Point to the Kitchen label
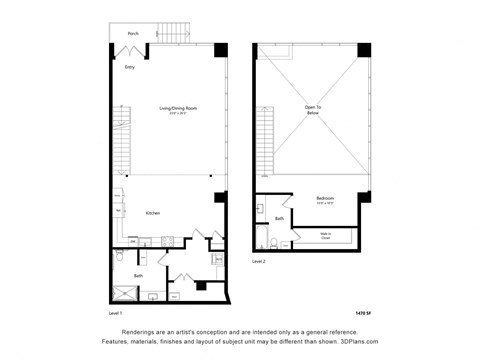click(x=154, y=214)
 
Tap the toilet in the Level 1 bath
click(x=119, y=257)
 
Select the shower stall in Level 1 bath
click(x=124, y=292)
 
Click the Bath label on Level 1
click(x=138, y=275)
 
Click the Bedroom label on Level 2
click(x=325, y=198)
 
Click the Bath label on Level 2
click(x=280, y=217)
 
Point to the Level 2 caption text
click(x=259, y=261)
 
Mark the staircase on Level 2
click(x=266, y=140)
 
